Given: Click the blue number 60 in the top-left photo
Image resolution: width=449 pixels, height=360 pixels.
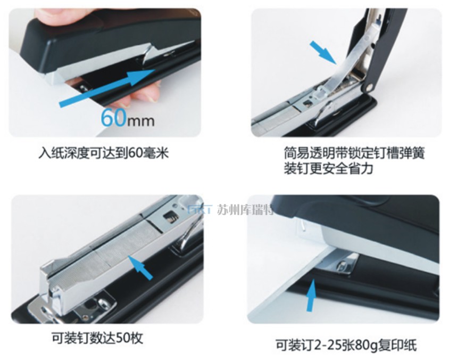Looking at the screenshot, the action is coord(113,118).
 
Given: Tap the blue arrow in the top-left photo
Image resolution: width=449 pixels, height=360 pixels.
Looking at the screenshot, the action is coord(107,87).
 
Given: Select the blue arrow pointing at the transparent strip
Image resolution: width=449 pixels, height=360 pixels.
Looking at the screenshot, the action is coord(324,52).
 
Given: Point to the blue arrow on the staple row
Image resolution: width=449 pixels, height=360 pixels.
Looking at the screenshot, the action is coord(140,267).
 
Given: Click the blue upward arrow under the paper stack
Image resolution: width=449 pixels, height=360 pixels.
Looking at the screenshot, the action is coord(312,295).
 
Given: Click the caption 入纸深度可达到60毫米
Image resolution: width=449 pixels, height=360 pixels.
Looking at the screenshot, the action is coord(104,153).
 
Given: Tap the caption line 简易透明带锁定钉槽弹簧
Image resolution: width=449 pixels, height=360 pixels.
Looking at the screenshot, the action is coord(354,153).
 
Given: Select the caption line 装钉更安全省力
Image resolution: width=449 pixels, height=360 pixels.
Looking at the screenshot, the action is coord(329,168).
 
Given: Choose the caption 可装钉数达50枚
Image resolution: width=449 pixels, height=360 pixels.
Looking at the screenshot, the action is coord(97,338).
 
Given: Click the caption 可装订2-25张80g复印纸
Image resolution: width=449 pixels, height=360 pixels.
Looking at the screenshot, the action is coord(346,345).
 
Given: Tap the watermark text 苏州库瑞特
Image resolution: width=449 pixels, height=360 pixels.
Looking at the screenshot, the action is coord(245,210).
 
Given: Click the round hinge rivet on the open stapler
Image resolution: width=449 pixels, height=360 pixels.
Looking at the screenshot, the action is coord(369,87).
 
